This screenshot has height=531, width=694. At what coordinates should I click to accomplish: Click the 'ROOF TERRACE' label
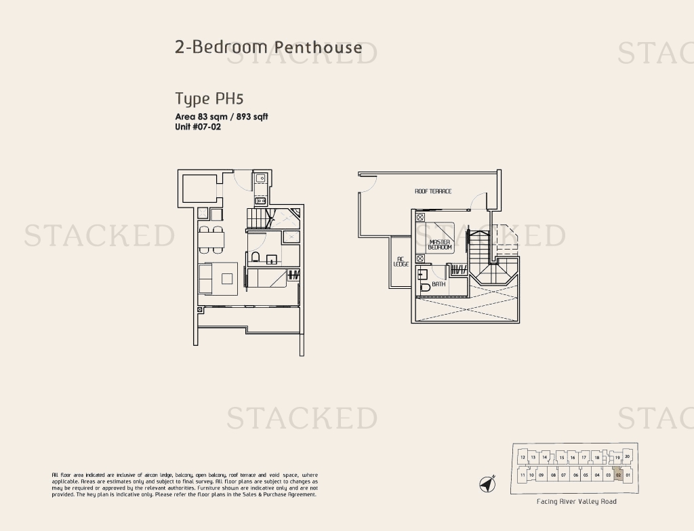coord(432,191)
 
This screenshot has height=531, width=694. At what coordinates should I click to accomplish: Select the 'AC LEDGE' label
coord(401,261)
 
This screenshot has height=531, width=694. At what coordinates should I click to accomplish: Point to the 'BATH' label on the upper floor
coord(438,284)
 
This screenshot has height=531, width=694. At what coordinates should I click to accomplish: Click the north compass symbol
coord(487,484)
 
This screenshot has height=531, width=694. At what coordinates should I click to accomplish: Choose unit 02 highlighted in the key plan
coord(618,475)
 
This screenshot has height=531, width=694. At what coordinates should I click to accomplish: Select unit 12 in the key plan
coord(523,458)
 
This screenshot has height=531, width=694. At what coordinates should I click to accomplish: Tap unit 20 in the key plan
coord(627,456)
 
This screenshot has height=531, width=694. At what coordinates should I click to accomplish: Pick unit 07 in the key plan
coord(563,475)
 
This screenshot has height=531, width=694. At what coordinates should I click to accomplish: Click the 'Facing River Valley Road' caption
coord(576,502)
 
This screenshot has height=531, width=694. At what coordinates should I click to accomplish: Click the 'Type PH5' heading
coord(209,98)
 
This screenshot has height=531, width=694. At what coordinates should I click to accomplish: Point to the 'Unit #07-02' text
coord(198,127)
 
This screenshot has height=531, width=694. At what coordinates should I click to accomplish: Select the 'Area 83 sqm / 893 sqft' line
coord(222,117)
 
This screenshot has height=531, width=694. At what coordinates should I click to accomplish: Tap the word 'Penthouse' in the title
coord(318,47)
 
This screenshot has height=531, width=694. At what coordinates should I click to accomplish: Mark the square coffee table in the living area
coord(226,277)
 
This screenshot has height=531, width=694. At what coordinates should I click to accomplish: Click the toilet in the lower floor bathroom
coord(256,257)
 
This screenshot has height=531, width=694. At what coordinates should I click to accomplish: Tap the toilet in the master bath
coord(424,287)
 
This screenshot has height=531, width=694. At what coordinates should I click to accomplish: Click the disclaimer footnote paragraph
coord(184,485)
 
